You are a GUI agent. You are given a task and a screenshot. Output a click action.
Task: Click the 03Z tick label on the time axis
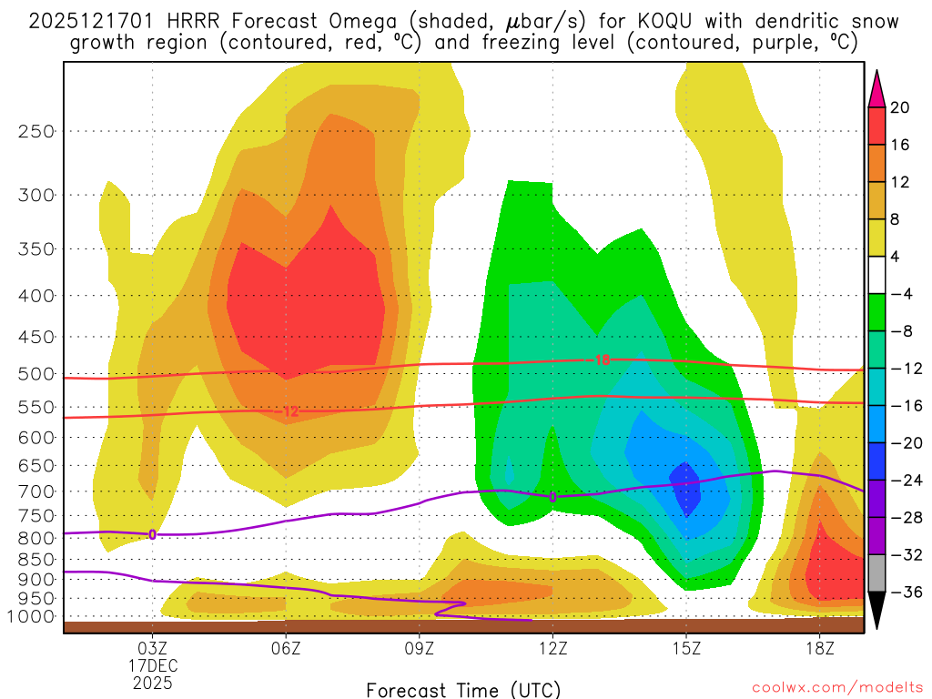pyautogui.click(x=152, y=649)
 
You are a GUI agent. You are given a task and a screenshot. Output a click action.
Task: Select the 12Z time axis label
pyautogui.click(x=552, y=649)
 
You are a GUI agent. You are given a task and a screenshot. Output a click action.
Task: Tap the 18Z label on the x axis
pyautogui.click(x=819, y=649)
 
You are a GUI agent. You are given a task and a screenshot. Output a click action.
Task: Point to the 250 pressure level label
pyautogui.click(x=36, y=131)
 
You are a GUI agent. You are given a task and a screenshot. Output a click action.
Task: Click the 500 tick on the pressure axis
pyautogui.click(x=36, y=373)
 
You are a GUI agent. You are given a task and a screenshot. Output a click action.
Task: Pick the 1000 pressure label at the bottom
pyautogui.click(x=33, y=616)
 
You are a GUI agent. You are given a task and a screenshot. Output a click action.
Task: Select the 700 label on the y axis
pyautogui.click(x=36, y=491)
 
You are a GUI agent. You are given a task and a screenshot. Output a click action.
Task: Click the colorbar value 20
pyautogui.click(x=900, y=107)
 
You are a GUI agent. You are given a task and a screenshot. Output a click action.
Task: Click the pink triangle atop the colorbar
pyautogui.click(x=877, y=88)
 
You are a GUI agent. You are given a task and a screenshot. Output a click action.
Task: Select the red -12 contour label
pyautogui.click(x=289, y=411)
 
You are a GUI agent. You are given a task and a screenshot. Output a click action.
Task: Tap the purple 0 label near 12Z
pyautogui.click(x=552, y=496)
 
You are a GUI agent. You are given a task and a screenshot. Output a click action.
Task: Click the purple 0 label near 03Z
pyautogui.click(x=152, y=534)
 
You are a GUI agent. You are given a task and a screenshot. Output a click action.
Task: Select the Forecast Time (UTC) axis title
pyautogui.click(x=463, y=689)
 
